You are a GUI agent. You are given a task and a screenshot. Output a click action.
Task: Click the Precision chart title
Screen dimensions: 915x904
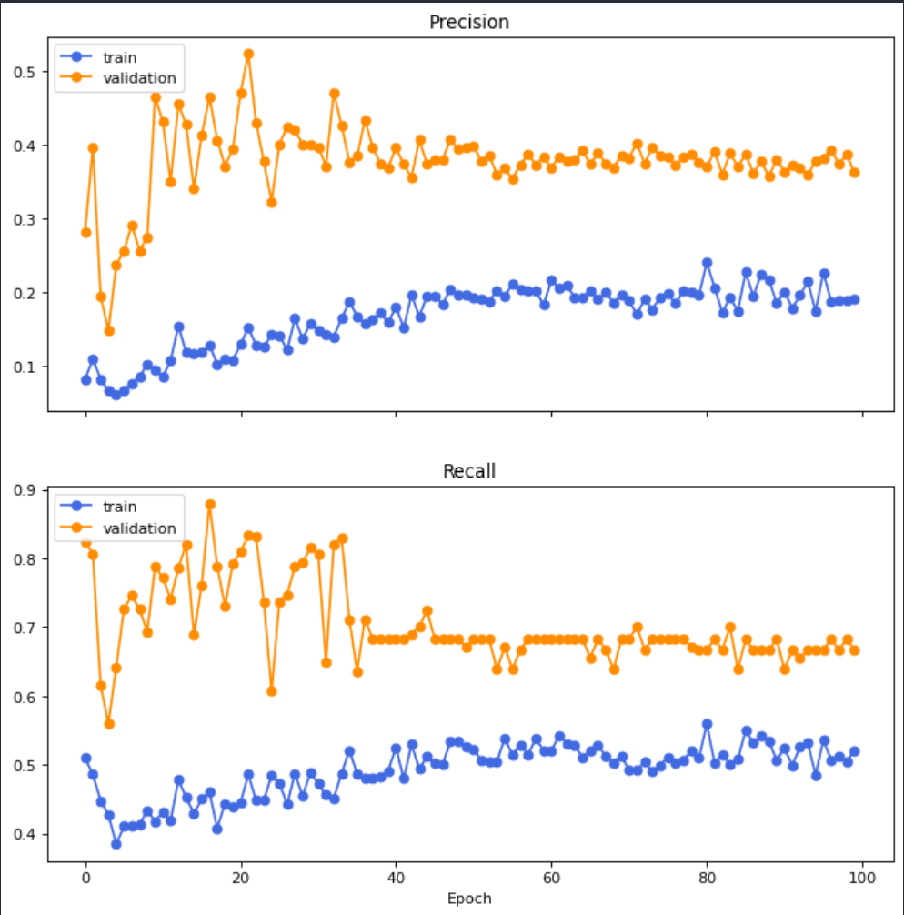[x=469, y=22]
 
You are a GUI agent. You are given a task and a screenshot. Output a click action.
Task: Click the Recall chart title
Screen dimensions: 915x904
[x=469, y=470]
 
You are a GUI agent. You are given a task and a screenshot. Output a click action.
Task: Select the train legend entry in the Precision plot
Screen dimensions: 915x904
[x=117, y=56]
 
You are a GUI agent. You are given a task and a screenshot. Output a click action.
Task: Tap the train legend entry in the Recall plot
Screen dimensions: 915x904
[x=117, y=507]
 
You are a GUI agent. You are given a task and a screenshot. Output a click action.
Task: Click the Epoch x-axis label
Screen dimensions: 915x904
[x=469, y=899]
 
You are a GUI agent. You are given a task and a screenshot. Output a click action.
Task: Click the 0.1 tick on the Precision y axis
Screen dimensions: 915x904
[x=34, y=367]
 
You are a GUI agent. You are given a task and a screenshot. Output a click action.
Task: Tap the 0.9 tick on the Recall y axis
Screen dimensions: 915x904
[x=34, y=490]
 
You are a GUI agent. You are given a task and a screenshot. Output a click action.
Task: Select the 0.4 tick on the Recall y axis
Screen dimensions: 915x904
[x=34, y=835]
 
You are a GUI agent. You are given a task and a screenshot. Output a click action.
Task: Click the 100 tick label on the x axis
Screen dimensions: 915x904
[x=862, y=879]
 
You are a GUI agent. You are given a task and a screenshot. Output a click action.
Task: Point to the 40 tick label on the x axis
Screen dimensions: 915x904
[x=396, y=879]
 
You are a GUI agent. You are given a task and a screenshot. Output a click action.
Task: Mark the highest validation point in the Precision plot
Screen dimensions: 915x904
[x=248, y=54]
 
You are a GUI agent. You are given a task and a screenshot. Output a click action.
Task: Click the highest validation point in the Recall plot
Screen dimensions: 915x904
[x=210, y=504]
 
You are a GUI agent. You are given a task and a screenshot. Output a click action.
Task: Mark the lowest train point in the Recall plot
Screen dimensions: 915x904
[x=116, y=844]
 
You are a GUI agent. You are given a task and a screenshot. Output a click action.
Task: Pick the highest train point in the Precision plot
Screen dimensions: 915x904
[x=707, y=263]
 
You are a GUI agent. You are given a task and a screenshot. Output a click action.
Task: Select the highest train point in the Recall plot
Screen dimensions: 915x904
[x=707, y=724]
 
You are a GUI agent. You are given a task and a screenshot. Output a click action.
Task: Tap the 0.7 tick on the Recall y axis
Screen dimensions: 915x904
[x=34, y=628]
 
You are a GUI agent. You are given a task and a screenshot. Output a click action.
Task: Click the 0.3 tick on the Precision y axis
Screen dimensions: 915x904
[x=34, y=219]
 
